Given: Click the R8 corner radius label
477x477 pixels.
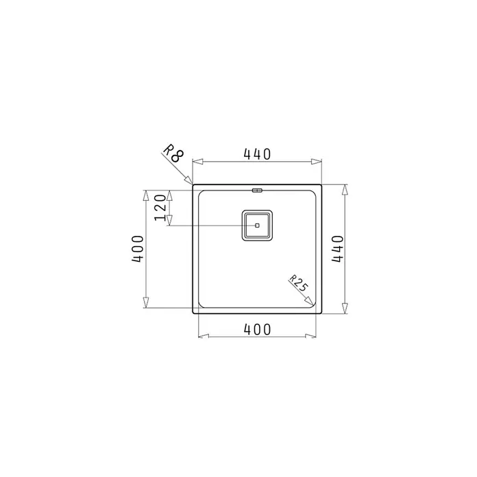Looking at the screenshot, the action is coord(173,153).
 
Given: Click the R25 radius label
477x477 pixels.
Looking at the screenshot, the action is coord(299,283).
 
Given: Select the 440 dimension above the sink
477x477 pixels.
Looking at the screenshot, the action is coord(257,154).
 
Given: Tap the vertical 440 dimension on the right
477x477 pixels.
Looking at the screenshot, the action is coord(338,249).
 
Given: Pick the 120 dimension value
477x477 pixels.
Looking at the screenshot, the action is coord(160,208).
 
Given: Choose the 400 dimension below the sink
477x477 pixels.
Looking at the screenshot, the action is coord(257,330).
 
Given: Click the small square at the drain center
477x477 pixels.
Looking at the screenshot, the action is coord(257,225).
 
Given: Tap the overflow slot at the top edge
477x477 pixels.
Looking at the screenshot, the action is coord(257,191).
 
